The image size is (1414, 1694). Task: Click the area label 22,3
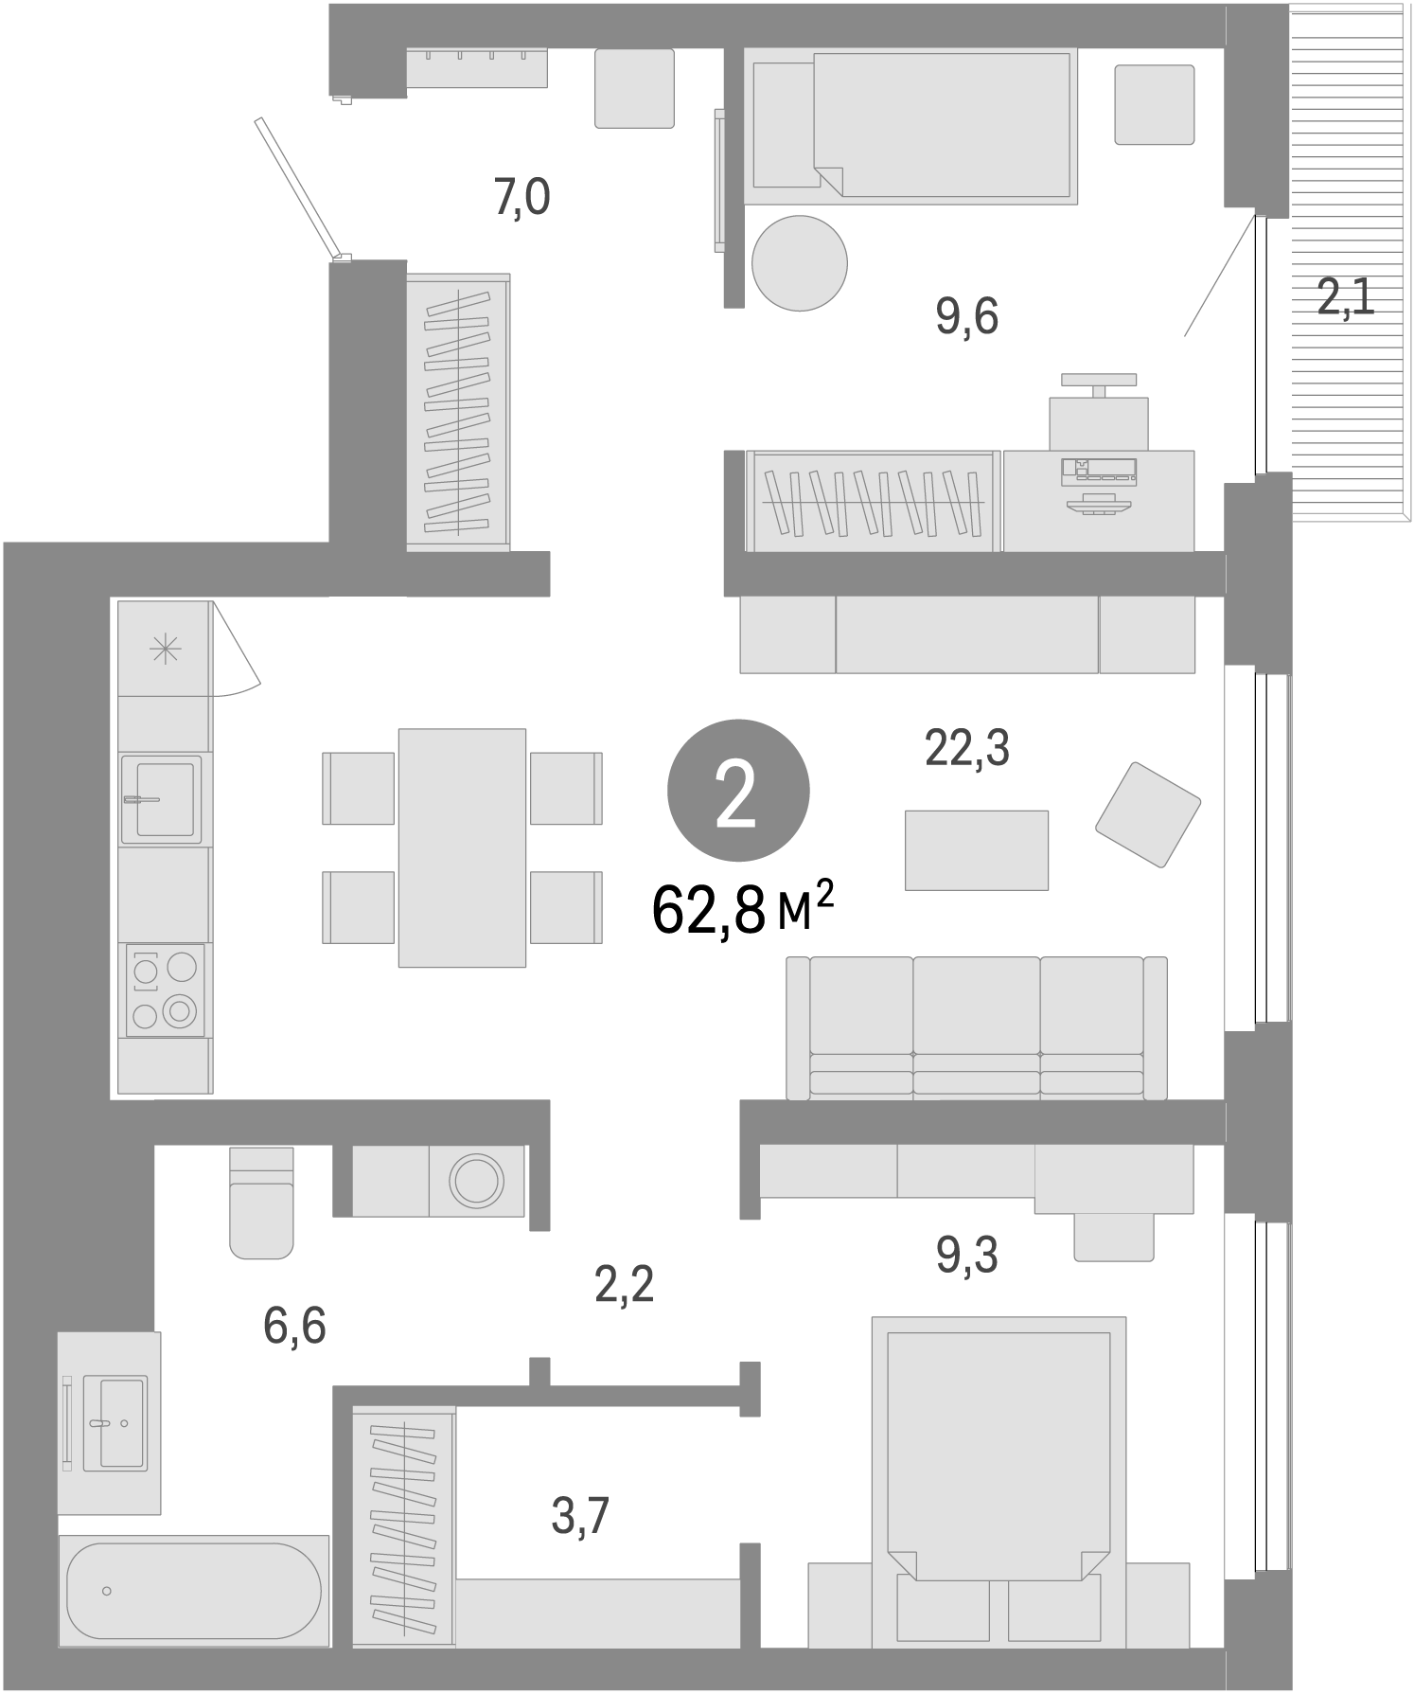(966, 749)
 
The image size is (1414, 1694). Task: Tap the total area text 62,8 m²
(742, 910)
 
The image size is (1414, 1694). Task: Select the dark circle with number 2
(738, 792)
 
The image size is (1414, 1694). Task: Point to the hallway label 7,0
(521, 199)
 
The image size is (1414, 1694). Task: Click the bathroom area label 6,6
(295, 1326)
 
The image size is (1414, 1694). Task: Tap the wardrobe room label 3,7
(579, 1516)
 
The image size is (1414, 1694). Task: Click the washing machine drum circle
(477, 1181)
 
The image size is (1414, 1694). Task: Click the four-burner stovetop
(165, 990)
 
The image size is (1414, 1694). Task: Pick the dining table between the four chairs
(462, 847)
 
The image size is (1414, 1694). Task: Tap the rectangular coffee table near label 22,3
(976, 849)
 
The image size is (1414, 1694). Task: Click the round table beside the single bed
(799, 263)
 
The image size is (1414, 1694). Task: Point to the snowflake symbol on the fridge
(165, 651)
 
